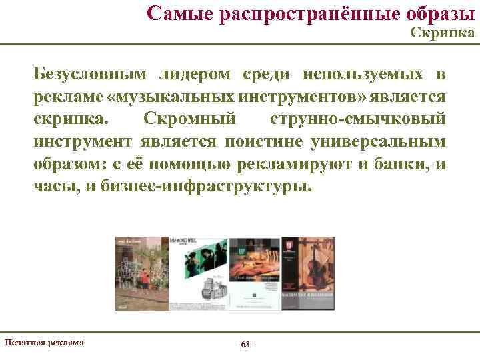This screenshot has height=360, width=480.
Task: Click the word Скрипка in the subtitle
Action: coord(443,33)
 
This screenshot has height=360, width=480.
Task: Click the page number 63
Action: coord(245,345)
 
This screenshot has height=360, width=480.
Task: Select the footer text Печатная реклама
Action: coord(44,343)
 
